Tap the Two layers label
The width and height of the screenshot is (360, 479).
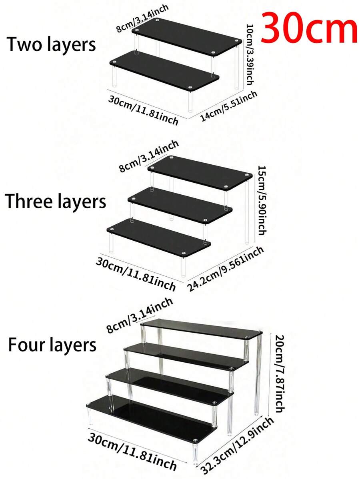51,45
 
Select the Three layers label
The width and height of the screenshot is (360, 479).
56,202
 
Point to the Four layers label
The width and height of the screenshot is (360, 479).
52,345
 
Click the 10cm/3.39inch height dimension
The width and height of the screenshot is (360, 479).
250,55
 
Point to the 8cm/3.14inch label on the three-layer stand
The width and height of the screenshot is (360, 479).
148,156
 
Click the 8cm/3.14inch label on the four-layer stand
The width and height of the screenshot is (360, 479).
140,315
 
